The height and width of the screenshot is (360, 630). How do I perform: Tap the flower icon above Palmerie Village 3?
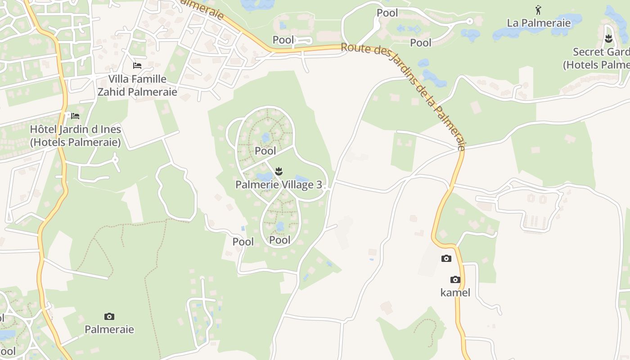coord(279,171)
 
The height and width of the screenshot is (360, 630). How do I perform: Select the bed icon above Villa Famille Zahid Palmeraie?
coord(137,66)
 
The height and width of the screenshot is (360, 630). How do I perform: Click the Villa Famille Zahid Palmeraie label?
coord(137,85)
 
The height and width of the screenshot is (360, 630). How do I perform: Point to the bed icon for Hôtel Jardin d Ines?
coord(75,116)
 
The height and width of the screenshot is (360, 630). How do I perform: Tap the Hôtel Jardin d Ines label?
coord(75,136)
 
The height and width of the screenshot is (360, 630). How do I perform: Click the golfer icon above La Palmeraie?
coord(538,10)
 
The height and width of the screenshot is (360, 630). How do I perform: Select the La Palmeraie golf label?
coord(539,23)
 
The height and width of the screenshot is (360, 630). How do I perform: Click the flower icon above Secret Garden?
coord(609,39)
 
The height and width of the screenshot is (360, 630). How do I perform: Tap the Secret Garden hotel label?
coord(596,58)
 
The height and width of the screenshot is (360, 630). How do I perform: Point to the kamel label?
coord(455,292)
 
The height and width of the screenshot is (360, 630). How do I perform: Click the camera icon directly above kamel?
coord(455,279)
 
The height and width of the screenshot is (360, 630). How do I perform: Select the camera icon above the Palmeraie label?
coord(109,316)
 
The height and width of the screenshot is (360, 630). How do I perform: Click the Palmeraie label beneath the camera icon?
coord(109,329)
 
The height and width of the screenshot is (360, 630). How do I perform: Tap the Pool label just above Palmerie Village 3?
coord(265,151)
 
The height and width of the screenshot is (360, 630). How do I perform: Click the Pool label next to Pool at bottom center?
coord(243,242)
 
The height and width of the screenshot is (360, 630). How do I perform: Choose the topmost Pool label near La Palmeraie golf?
coord(387,13)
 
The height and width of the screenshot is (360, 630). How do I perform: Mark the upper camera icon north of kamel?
coord(446,258)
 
